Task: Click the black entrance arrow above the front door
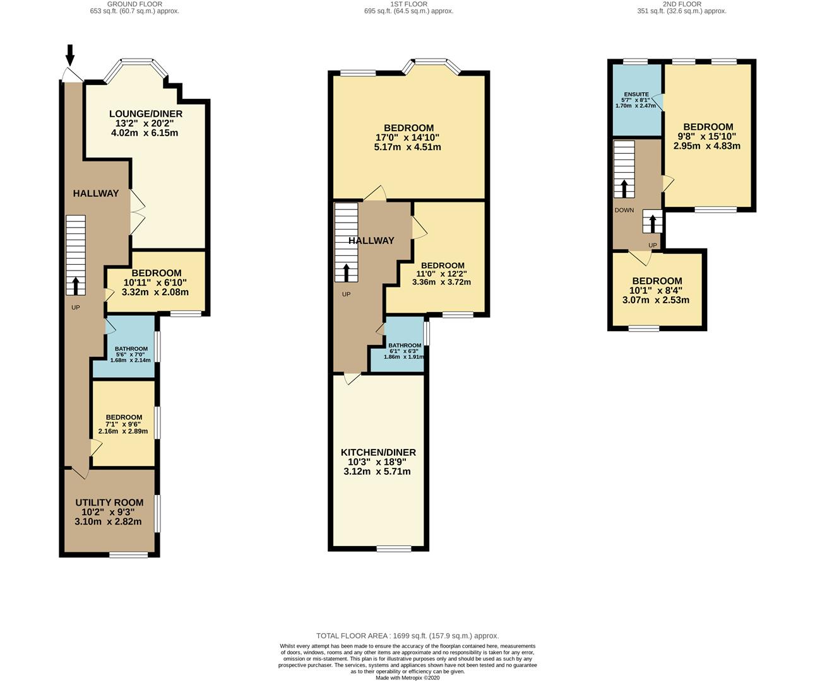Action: click(x=70, y=55)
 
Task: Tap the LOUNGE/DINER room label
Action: click(x=146, y=114)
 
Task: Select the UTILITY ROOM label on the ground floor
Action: click(x=109, y=503)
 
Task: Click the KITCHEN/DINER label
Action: click(x=378, y=452)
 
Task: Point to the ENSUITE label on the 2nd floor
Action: click(x=636, y=95)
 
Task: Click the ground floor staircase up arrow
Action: click(x=75, y=286)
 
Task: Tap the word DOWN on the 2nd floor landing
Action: click(x=624, y=210)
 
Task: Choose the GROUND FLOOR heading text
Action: click(x=134, y=4)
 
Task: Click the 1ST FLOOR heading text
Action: click(x=408, y=4)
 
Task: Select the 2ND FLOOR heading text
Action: click(x=682, y=4)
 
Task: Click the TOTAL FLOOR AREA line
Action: click(x=408, y=636)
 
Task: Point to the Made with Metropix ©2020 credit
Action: click(x=408, y=678)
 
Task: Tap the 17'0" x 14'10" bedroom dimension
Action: click(x=408, y=137)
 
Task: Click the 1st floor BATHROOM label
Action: click(x=405, y=346)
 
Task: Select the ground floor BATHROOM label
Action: click(x=131, y=349)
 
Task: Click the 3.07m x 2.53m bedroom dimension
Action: click(x=656, y=300)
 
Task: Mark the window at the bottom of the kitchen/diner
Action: click(x=394, y=549)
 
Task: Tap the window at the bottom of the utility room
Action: click(x=128, y=555)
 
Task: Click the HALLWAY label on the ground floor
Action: click(x=95, y=194)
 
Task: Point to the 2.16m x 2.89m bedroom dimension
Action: click(x=123, y=431)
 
